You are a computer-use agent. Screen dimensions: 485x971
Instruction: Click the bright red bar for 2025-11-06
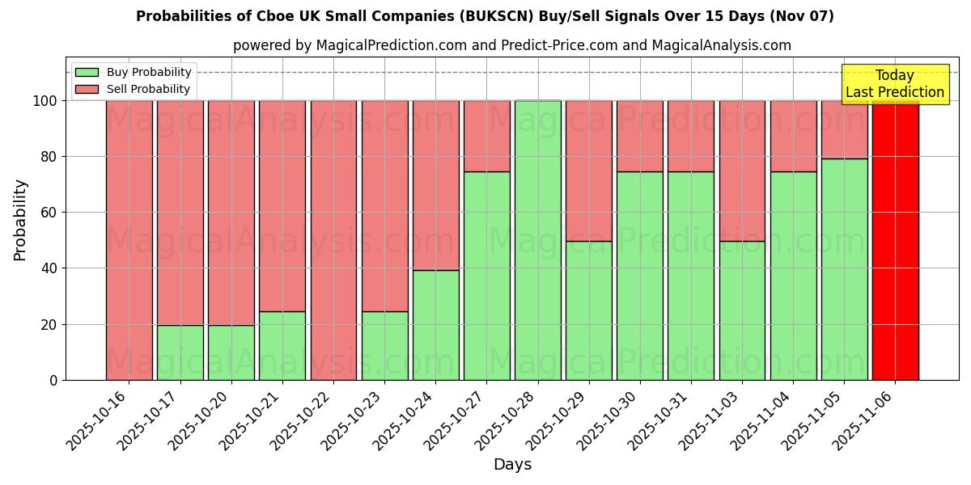point(895,240)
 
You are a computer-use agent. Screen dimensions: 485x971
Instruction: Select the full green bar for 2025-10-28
point(537,240)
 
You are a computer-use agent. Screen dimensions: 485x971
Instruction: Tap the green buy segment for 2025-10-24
point(435,325)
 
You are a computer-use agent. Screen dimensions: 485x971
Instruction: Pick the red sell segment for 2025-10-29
point(588,171)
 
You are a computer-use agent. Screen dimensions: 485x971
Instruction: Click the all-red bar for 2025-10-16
point(129,240)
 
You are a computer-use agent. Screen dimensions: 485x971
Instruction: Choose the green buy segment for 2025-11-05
point(844,269)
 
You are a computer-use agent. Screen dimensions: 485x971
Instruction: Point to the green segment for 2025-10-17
point(180,352)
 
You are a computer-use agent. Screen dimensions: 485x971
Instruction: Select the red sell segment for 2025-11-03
point(742,171)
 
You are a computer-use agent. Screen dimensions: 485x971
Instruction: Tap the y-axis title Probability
point(21,219)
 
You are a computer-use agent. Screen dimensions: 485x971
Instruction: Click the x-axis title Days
point(512,465)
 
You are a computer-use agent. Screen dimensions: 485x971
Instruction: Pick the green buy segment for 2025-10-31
point(691,276)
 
